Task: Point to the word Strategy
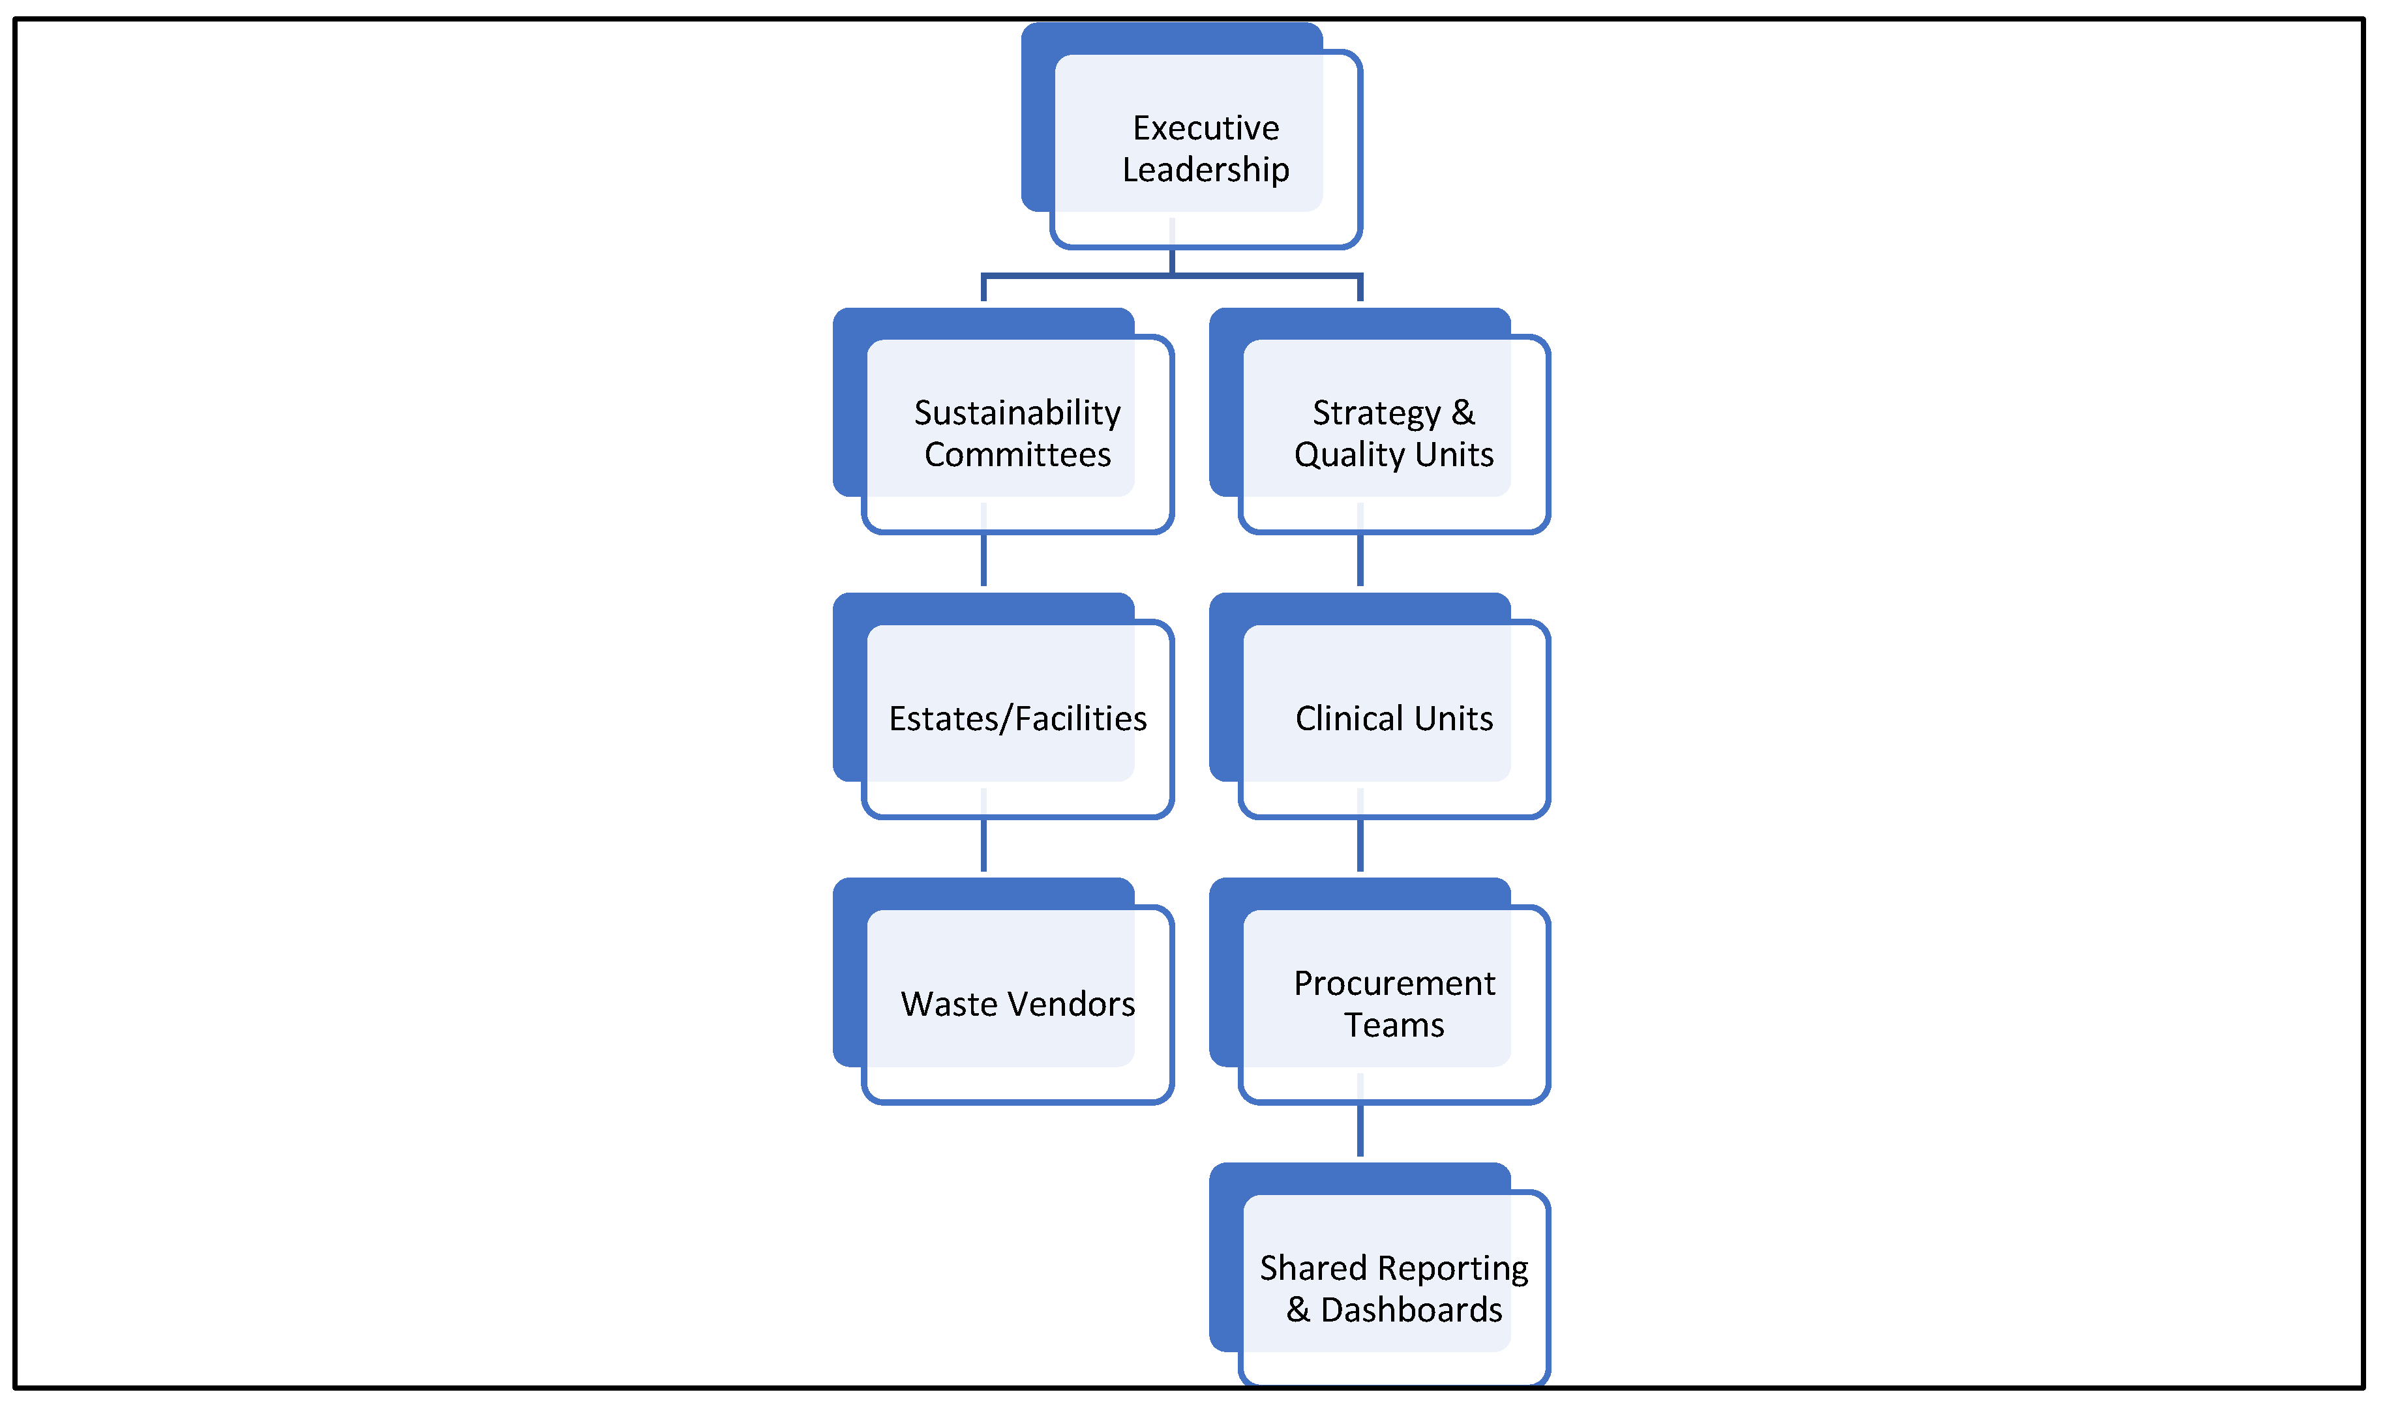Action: click(x=1375, y=414)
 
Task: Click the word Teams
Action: click(x=1394, y=1026)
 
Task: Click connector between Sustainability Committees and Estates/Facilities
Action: click(x=983, y=561)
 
